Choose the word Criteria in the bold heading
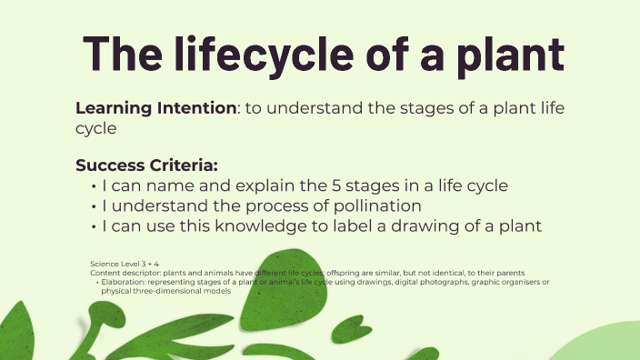coord(182,165)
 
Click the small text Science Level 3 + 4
coord(125,263)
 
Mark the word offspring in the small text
coord(341,273)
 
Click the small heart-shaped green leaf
coord(356,325)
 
